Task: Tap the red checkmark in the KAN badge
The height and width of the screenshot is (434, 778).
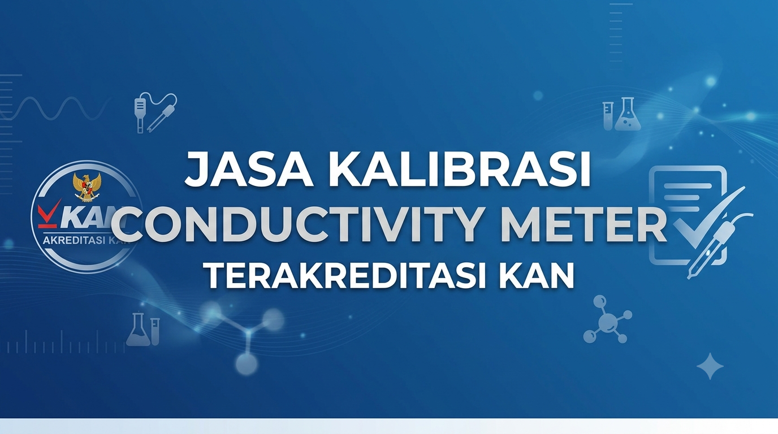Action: click(x=49, y=213)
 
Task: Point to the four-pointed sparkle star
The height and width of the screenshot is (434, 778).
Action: click(x=710, y=366)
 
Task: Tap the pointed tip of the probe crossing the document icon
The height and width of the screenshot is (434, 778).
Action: click(x=689, y=277)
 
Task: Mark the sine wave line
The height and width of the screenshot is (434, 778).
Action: click(x=55, y=108)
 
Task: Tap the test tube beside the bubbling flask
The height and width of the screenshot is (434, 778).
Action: click(x=607, y=116)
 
